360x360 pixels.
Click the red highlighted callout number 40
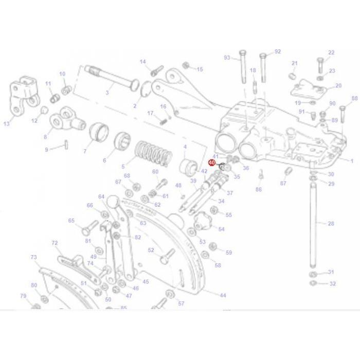(x=211, y=163)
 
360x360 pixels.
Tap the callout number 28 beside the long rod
(x=331, y=224)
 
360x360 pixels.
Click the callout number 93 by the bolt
(x=227, y=58)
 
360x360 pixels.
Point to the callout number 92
(x=278, y=51)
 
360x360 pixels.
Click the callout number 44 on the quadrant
(x=223, y=295)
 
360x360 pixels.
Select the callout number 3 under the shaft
(x=107, y=93)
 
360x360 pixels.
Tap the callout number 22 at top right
(x=331, y=52)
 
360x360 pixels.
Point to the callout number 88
(x=354, y=98)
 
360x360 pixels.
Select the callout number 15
(x=200, y=69)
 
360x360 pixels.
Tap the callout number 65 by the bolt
(x=71, y=221)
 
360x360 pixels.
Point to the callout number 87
(x=283, y=183)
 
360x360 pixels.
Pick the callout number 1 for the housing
(x=352, y=161)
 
